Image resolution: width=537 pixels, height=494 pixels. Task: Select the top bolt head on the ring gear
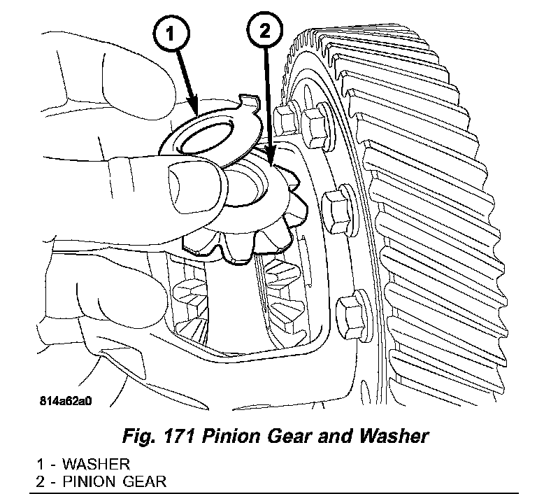pos(314,125)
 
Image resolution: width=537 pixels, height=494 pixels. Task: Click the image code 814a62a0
pos(66,402)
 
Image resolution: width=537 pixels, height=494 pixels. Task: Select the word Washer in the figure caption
pos(393,436)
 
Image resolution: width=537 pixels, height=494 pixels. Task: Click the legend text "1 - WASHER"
pos(84,464)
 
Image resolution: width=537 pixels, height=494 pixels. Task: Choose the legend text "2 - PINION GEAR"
pos(103,481)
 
